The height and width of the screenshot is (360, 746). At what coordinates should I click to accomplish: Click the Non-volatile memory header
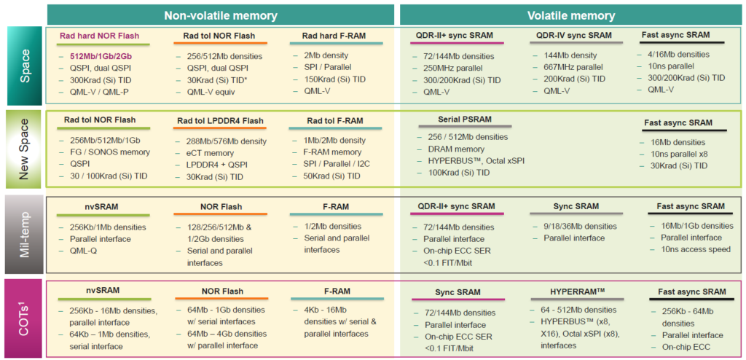click(x=221, y=15)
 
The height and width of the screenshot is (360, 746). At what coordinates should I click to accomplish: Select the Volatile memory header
click(x=571, y=15)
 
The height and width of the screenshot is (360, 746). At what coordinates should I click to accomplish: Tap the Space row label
click(x=25, y=66)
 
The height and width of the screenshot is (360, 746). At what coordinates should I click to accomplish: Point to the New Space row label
click(x=25, y=149)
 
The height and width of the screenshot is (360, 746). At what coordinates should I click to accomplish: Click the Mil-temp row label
click(x=25, y=234)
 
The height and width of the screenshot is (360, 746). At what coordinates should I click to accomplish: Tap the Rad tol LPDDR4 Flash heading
click(x=220, y=121)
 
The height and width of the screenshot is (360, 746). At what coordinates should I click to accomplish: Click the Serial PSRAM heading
click(x=464, y=120)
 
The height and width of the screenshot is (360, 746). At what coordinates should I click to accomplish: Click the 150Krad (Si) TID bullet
click(x=335, y=79)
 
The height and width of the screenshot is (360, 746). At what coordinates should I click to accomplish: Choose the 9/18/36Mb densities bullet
click(x=580, y=226)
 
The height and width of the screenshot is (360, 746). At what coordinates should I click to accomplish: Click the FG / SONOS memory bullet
click(x=110, y=152)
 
